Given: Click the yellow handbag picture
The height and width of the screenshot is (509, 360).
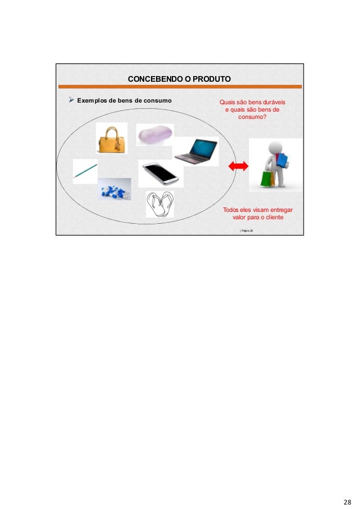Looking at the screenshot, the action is click(111, 139).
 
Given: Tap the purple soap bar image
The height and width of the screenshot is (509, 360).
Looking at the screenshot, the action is click(154, 135).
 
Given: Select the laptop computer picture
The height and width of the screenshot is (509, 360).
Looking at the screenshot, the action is click(195, 151).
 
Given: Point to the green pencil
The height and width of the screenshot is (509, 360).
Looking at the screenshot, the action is click(85, 170).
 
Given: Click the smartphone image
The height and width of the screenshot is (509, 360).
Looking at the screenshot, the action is click(159, 173).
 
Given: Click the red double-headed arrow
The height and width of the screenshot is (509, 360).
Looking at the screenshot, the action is click(238, 166).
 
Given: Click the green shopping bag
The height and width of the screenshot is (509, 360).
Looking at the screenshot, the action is click(265, 179).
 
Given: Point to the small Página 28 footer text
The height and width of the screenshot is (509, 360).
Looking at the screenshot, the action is click(247, 231).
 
